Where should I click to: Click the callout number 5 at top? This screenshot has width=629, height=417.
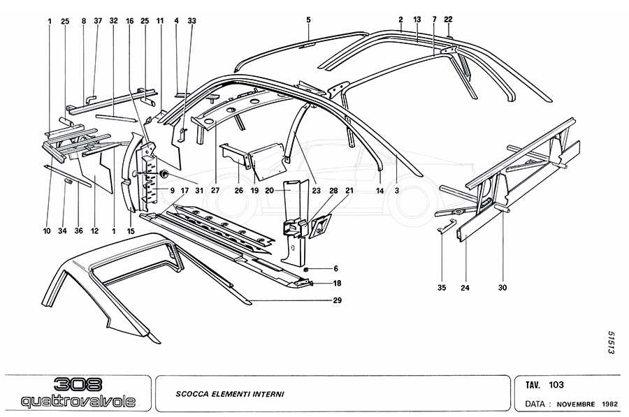point(308,20)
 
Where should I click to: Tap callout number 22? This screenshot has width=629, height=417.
point(448,21)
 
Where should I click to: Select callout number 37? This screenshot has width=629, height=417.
point(97,21)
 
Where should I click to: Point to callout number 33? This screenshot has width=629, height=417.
point(191,21)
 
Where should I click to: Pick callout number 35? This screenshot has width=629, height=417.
point(442,287)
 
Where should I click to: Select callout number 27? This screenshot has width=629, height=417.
point(215,190)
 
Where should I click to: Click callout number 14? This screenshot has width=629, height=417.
point(379,190)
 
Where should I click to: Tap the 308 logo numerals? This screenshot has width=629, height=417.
point(78,385)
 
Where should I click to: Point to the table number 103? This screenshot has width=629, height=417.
point(556,384)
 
